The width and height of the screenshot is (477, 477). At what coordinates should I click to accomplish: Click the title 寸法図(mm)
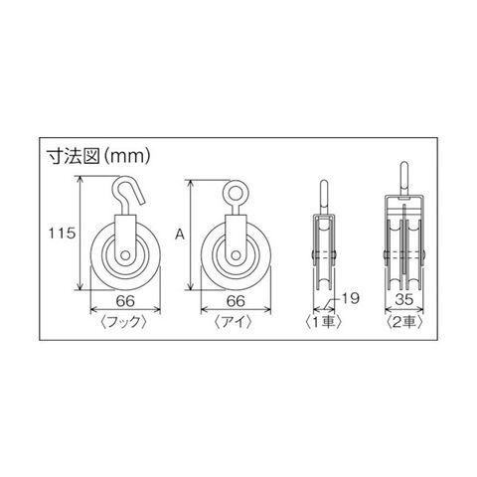98,156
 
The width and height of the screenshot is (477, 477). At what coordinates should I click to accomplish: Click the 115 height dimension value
62,234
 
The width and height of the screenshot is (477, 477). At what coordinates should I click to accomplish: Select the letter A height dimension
180,235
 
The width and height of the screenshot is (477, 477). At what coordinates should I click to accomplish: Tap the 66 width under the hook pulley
125,301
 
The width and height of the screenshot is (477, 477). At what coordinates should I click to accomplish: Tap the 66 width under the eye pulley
236,301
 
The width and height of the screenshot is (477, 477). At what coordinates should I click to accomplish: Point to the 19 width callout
350,298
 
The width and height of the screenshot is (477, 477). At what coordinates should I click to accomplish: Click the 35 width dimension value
404,300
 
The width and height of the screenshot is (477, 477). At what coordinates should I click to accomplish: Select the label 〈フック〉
123,322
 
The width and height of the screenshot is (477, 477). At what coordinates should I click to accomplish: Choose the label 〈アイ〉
234,322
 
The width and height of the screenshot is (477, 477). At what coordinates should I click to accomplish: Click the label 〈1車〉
323,322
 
